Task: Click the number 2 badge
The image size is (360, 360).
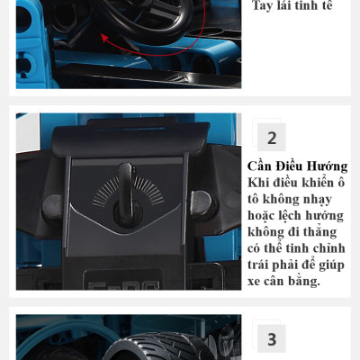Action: [x=271, y=138]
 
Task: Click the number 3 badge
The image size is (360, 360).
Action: [x=271, y=339]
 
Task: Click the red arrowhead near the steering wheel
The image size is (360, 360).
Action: [x=104, y=38]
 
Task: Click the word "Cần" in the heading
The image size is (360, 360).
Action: [x=262, y=166]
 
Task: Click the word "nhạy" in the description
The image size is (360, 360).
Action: [x=328, y=199]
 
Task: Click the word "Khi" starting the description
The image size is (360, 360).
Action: [x=259, y=183]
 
